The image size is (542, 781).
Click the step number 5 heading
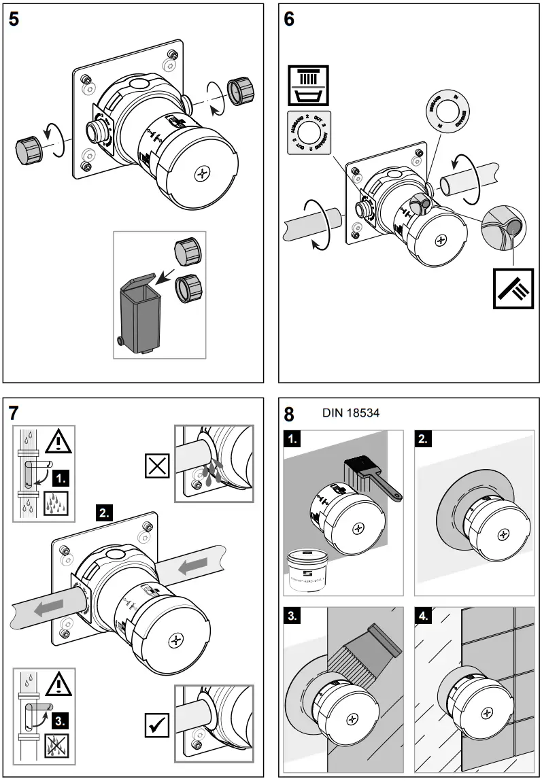[14, 19]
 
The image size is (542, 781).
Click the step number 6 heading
[290, 19]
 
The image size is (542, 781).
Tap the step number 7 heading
[14, 413]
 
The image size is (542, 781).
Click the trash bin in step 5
[139, 314]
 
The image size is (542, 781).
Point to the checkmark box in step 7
[158, 726]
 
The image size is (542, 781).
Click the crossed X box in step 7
[158, 467]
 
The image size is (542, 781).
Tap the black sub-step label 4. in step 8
[424, 618]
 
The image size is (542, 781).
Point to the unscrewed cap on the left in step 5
[29, 145]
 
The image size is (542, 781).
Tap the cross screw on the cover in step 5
[201, 174]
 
